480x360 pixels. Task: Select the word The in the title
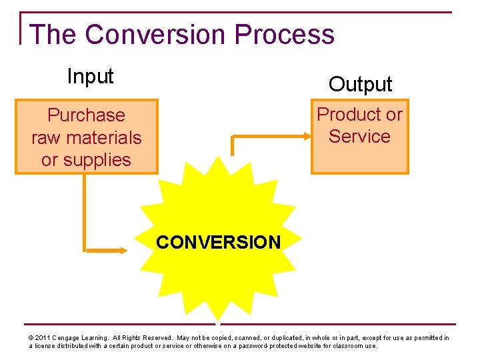[54, 34]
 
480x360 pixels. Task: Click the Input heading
[90, 77]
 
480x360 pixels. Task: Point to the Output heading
[360, 85]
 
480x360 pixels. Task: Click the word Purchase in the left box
[86, 115]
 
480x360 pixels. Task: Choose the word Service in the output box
[359, 137]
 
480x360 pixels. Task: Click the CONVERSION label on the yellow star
[218, 242]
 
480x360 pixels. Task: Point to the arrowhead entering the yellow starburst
[123, 251]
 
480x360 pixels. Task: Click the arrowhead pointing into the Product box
[307, 136]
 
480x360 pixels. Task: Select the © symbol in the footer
[31, 338]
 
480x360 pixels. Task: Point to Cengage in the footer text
[69, 338]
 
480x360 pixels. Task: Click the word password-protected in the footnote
[278, 346]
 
